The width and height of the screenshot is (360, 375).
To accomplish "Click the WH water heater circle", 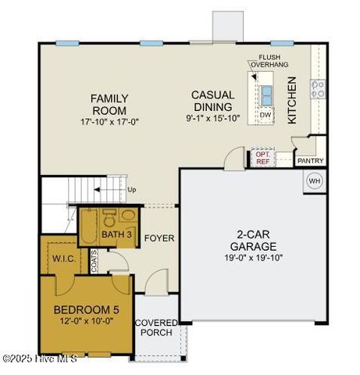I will [314, 180].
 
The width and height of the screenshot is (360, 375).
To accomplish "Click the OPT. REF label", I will [262, 159].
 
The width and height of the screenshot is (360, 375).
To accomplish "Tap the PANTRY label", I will [311, 161].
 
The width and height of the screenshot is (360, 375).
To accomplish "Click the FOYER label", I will [159, 238].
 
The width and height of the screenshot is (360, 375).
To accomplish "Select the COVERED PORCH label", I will [156, 327].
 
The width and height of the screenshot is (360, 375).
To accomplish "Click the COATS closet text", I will [94, 262].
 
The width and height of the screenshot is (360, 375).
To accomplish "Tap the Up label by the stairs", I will [131, 190].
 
